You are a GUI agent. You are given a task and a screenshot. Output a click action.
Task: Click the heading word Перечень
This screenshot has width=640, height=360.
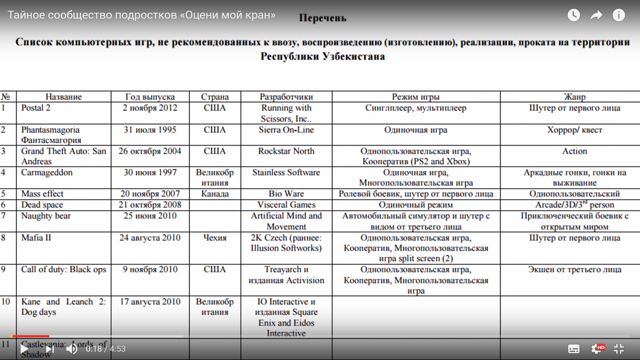(x=322, y=18)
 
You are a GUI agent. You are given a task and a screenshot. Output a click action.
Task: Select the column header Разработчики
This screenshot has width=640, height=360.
(x=286, y=97)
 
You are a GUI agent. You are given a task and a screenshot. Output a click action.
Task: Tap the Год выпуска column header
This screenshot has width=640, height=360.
(x=150, y=97)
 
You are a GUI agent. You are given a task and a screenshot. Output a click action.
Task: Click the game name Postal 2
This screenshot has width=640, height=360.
(x=36, y=108)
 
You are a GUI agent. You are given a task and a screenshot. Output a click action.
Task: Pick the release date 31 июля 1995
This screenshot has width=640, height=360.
(x=150, y=130)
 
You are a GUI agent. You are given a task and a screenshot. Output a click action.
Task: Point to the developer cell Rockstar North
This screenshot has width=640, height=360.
(x=286, y=151)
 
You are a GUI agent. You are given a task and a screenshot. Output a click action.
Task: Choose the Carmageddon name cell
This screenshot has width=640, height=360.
(x=47, y=173)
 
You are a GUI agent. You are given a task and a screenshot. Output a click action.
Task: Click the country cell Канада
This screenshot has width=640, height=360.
(x=215, y=194)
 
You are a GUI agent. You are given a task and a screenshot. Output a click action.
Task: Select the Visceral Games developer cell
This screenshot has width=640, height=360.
(x=286, y=205)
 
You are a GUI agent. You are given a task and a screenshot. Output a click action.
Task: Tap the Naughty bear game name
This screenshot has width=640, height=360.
(x=46, y=216)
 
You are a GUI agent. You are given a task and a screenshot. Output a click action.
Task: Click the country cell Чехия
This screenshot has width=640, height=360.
(x=215, y=238)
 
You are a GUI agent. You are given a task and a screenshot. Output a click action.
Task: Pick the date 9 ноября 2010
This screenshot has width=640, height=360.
(x=150, y=270)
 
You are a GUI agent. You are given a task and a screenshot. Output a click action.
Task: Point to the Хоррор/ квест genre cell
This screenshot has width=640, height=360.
(x=574, y=130)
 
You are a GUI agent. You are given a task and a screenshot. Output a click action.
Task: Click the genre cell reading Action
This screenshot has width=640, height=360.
(x=574, y=151)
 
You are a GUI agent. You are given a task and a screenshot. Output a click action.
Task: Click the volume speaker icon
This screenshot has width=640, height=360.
(x=72, y=349)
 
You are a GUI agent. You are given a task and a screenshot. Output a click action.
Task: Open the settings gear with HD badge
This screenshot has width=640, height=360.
(x=596, y=349)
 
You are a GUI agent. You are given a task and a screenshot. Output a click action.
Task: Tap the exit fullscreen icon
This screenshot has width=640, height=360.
(x=619, y=349)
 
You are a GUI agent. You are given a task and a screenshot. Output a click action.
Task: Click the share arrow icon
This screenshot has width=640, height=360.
(x=596, y=16)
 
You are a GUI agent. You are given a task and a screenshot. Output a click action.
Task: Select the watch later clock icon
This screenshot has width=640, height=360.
(x=574, y=15)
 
